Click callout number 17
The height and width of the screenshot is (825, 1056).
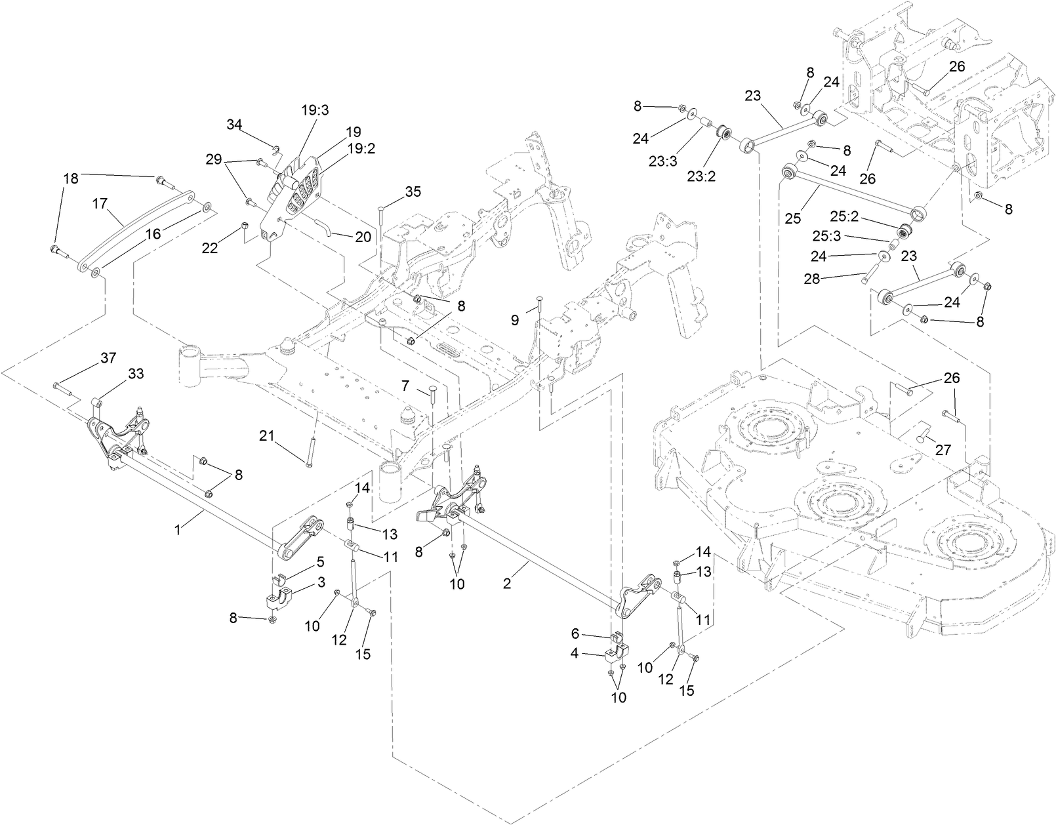point(99,204)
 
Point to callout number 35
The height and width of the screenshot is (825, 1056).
point(413,192)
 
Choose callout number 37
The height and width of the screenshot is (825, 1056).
point(108,357)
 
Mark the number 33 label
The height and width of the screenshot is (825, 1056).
point(136,373)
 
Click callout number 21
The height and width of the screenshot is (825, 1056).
point(266,435)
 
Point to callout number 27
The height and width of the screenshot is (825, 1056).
point(943,451)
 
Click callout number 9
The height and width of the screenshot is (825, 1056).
point(515,319)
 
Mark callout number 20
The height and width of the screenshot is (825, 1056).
point(363,237)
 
